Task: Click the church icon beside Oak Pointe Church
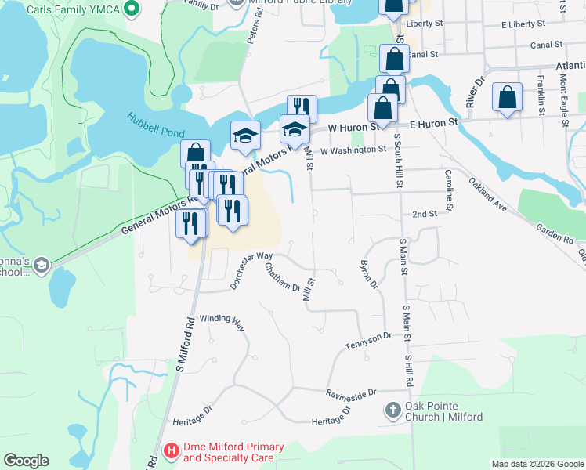(x=393, y=410)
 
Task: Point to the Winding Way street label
(x=222, y=320)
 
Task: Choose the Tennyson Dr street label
(x=368, y=341)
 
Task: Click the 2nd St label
(x=424, y=214)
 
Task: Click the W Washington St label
(x=353, y=148)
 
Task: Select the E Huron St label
(x=432, y=124)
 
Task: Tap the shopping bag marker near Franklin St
(x=508, y=98)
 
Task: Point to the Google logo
(x=26, y=461)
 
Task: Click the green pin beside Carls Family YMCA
(x=132, y=9)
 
